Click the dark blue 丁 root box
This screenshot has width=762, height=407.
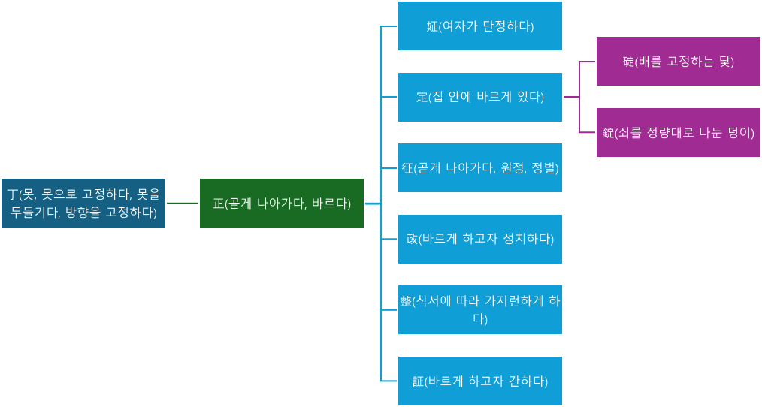pyautogui.click(x=83, y=203)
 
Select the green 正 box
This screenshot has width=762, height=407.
pyautogui.click(x=281, y=203)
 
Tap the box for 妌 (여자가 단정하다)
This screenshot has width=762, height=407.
pyautogui.click(x=479, y=26)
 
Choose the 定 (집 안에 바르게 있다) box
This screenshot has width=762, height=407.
pyautogui.click(x=479, y=97)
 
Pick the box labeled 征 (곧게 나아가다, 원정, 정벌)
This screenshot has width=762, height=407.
pyautogui.click(x=479, y=167)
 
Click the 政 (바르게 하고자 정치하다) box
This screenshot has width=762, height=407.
pyautogui.click(x=479, y=239)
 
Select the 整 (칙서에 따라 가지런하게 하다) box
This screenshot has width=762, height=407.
pyautogui.click(x=479, y=309)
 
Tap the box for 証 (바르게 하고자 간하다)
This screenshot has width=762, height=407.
pyautogui.click(x=479, y=381)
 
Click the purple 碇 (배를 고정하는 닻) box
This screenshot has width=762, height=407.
pyautogui.click(x=679, y=61)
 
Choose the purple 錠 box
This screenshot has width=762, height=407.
pyautogui.click(x=679, y=132)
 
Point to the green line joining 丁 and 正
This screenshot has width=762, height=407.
pyautogui.click(x=183, y=203)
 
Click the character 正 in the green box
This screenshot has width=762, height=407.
pyautogui.click(x=218, y=203)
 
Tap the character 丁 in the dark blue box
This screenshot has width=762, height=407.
pyautogui.click(x=13, y=194)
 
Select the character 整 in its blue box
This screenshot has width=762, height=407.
pyautogui.click(x=406, y=301)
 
